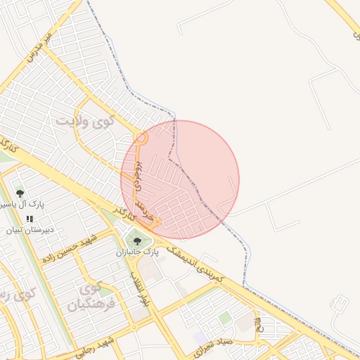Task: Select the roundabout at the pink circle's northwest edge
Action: [x=141, y=139]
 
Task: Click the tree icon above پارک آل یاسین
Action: [x=20, y=192]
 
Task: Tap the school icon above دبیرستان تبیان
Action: [x=30, y=219]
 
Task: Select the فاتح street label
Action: [x=257, y=326]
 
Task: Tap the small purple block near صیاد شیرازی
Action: [x=201, y=338]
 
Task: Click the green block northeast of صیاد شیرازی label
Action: [x=224, y=319]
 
